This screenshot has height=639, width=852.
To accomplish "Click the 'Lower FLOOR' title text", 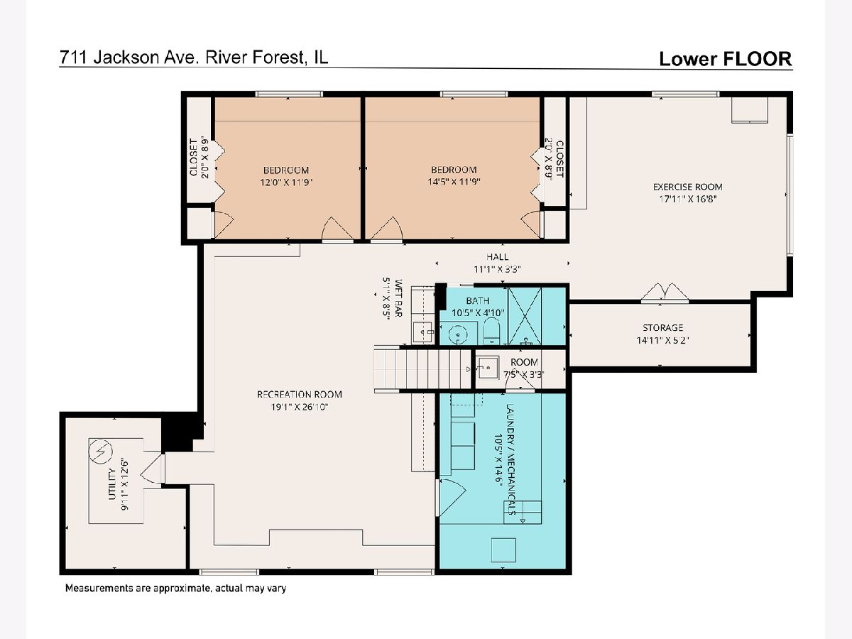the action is [x=726, y=59].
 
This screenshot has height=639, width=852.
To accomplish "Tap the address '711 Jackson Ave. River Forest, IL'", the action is [x=194, y=58].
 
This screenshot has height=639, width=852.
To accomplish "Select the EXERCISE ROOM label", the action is [x=688, y=187].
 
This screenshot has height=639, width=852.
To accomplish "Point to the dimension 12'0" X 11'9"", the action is [x=286, y=182].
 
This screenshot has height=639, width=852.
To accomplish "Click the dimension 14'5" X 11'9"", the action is [x=454, y=182].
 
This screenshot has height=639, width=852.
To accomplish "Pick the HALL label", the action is [x=497, y=257].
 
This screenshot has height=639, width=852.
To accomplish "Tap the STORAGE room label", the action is [x=663, y=328].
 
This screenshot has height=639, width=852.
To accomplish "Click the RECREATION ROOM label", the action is [x=300, y=395].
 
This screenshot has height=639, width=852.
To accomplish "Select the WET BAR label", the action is [x=398, y=298].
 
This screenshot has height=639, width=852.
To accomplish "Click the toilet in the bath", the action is [x=491, y=330].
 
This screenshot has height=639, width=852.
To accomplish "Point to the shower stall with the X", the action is [x=525, y=316].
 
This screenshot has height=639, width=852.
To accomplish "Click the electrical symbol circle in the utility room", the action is [x=101, y=452].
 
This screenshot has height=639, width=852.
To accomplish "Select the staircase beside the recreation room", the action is [x=422, y=368].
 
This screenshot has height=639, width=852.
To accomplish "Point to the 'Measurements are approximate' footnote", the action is [x=175, y=588].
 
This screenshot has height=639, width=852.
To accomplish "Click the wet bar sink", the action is [x=422, y=332].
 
